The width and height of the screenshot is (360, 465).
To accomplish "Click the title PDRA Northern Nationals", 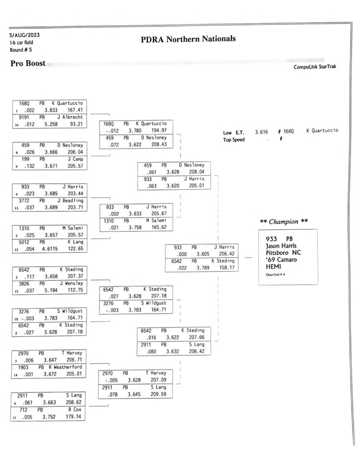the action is click(188, 39).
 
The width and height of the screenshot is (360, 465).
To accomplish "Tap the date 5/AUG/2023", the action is click(25, 35).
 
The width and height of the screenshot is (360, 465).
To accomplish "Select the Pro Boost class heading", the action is click(28, 63).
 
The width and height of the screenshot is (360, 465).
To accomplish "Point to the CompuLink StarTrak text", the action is click(315, 67).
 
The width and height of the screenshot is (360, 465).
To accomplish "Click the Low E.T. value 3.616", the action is click(261, 132).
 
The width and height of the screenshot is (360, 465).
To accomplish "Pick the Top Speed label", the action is click(234, 140).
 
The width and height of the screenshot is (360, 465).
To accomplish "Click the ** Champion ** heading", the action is click(284, 222).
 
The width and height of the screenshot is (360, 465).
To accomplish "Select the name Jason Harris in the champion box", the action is click(281, 246).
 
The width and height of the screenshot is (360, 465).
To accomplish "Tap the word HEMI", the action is click(273, 267).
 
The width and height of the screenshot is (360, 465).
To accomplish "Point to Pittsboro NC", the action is click(283, 252).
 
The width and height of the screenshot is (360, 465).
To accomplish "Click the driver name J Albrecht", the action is click(70, 117).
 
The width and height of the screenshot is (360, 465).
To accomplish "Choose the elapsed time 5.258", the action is click(51, 124).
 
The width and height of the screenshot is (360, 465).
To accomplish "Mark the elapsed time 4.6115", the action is click(50, 249).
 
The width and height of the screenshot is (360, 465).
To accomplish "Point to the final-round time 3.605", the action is click(203, 254).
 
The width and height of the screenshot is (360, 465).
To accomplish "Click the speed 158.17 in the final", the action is click(227, 267).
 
